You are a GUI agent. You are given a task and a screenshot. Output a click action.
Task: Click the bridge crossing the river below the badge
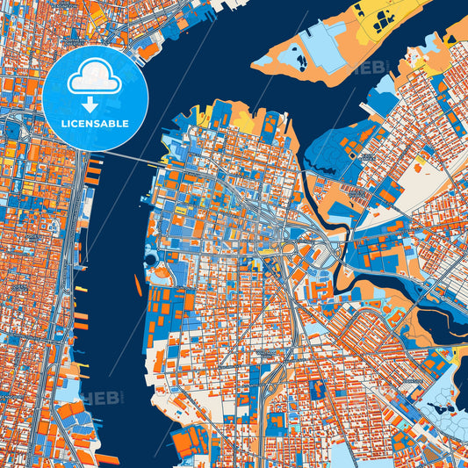[123, 159]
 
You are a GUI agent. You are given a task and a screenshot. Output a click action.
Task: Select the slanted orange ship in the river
[137, 283]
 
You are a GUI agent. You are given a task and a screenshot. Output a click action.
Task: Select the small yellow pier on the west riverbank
[80, 288]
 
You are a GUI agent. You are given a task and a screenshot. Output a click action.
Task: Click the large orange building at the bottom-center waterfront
[190, 440]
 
